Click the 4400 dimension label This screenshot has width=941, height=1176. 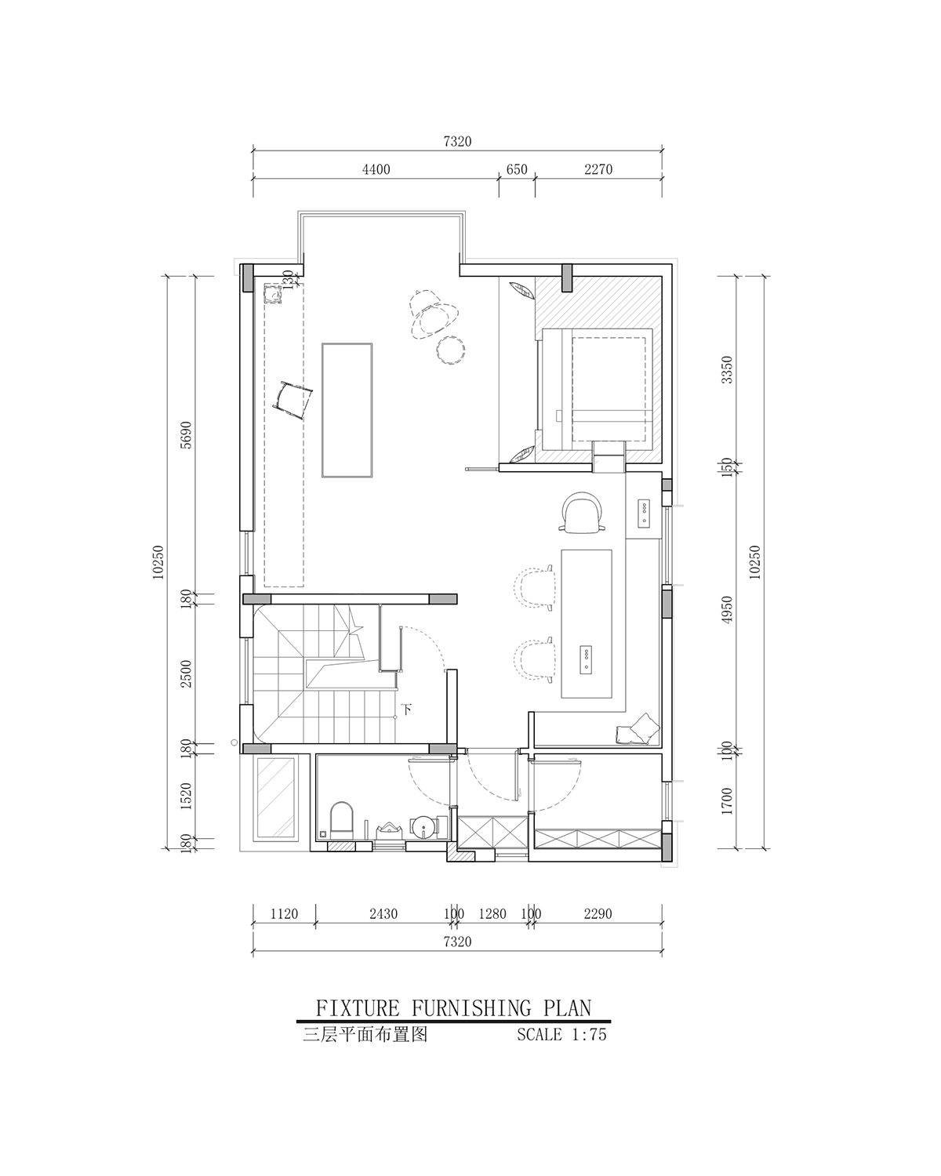[x=376, y=169]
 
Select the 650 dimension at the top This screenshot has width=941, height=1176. [x=516, y=169]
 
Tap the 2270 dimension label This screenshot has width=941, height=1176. [x=598, y=169]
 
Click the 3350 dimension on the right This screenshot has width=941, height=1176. [x=726, y=369]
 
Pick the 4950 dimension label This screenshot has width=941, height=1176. [x=726, y=610]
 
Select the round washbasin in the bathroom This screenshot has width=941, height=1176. [x=423, y=826]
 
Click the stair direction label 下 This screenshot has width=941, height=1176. [x=406, y=710]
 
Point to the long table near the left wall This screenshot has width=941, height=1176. [x=347, y=410]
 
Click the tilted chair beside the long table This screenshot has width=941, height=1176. [x=292, y=400]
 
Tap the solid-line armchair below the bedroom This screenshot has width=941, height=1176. [x=583, y=512]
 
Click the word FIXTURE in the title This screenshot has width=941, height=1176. [x=358, y=1007]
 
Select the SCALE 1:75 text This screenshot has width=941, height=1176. [x=561, y=1034]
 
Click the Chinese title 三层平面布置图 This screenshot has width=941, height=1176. [x=365, y=1034]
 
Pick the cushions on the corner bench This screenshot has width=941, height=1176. [x=637, y=729]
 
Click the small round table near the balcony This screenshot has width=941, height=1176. [x=451, y=349]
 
